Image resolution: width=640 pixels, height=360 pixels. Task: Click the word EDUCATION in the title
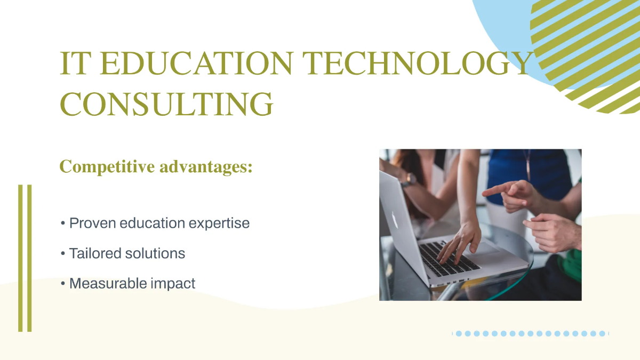(x=195, y=64)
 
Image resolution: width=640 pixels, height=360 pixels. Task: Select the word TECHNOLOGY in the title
(x=419, y=64)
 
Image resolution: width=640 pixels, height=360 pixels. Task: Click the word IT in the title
(x=74, y=64)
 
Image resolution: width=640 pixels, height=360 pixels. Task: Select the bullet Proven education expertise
(x=159, y=223)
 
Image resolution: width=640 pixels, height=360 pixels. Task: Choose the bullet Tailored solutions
(x=127, y=253)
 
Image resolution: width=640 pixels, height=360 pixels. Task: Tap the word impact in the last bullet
(x=173, y=284)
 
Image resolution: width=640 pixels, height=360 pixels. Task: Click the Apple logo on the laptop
(x=395, y=219)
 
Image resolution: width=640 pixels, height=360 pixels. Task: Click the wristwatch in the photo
(x=409, y=180)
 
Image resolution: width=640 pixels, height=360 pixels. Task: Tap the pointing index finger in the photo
(x=493, y=189)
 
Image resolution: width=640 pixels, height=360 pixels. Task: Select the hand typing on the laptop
(x=459, y=240)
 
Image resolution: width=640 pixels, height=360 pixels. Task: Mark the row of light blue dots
(x=531, y=333)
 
